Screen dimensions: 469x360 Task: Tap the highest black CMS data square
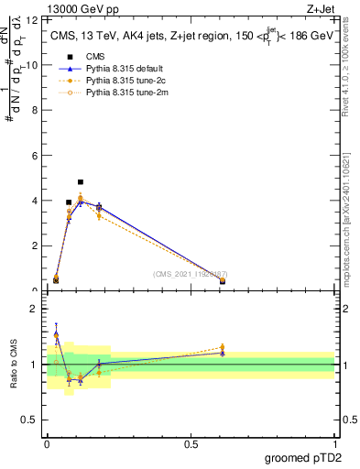(81, 182)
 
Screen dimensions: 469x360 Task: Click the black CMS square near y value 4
(69, 202)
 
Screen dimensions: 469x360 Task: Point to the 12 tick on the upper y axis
(34, 19)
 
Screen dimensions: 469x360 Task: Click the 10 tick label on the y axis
(34, 65)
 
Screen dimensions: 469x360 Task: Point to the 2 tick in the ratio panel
(37, 309)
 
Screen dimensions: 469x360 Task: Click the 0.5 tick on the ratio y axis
(32, 421)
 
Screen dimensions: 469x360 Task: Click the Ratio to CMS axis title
(14, 365)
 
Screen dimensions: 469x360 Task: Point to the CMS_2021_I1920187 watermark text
(191, 274)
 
